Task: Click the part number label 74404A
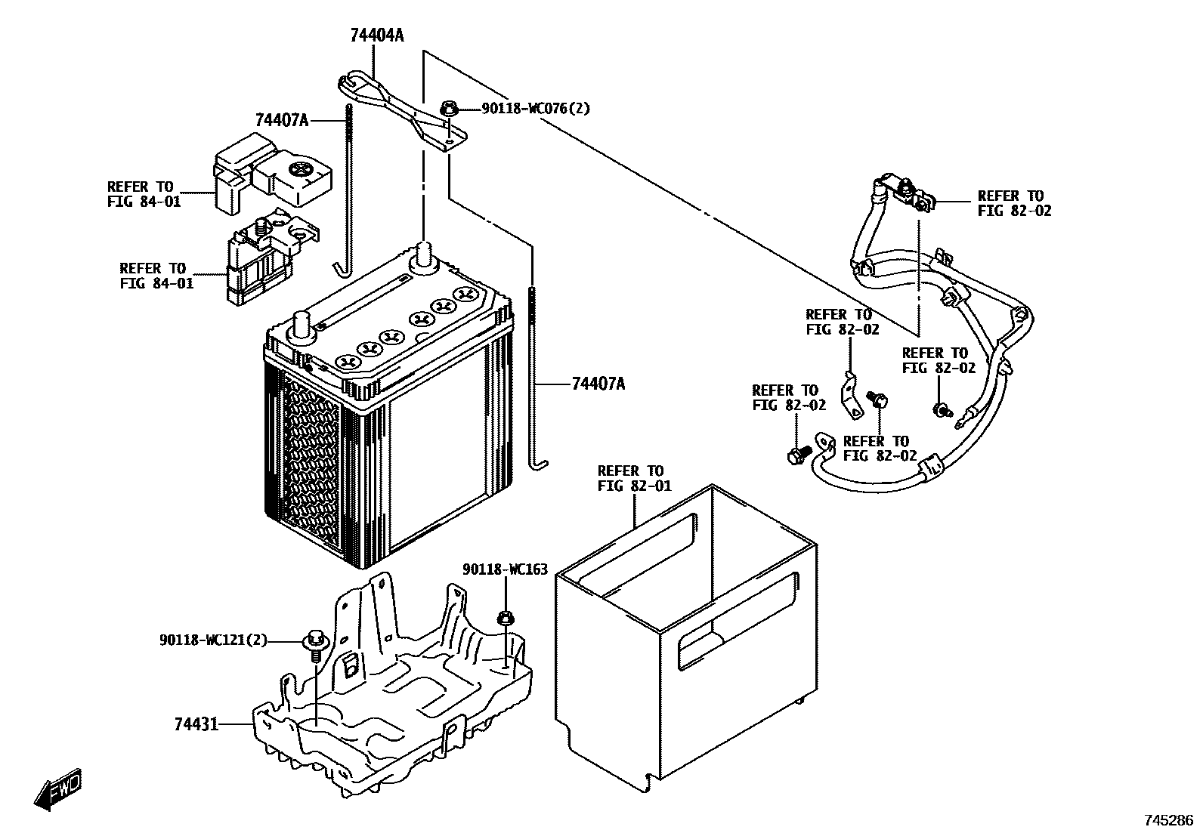point(376,35)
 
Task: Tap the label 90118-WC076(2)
point(537,109)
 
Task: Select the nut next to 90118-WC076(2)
point(448,110)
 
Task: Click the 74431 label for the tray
point(196,724)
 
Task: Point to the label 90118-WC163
point(505,569)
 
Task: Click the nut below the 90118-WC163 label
point(505,619)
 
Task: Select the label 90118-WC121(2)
point(214,640)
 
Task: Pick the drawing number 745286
point(1169,819)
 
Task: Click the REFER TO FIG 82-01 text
point(634,478)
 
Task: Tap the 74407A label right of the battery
point(598,384)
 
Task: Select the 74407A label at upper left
point(282,119)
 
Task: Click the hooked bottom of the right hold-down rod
point(537,464)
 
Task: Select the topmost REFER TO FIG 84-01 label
point(144,194)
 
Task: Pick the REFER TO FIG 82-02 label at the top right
point(1014,203)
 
